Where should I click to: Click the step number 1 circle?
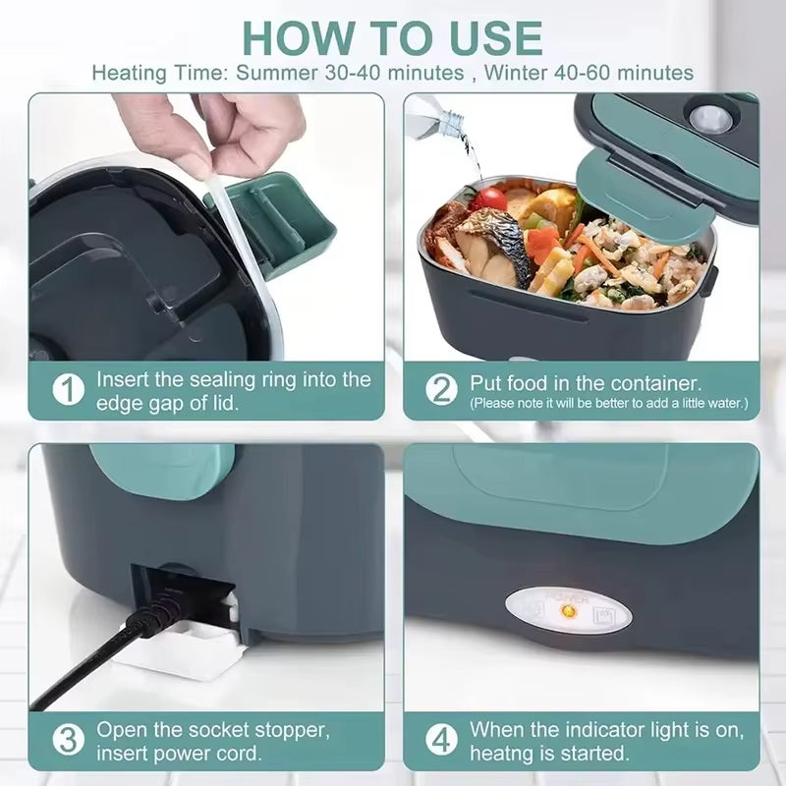pyautogui.click(x=67, y=390)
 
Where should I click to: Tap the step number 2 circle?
pyautogui.click(x=441, y=390)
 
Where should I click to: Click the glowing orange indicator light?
pyautogui.click(x=567, y=612)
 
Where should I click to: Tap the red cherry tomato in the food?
pyautogui.click(x=488, y=199)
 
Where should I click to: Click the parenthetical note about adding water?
pyautogui.click(x=608, y=403)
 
